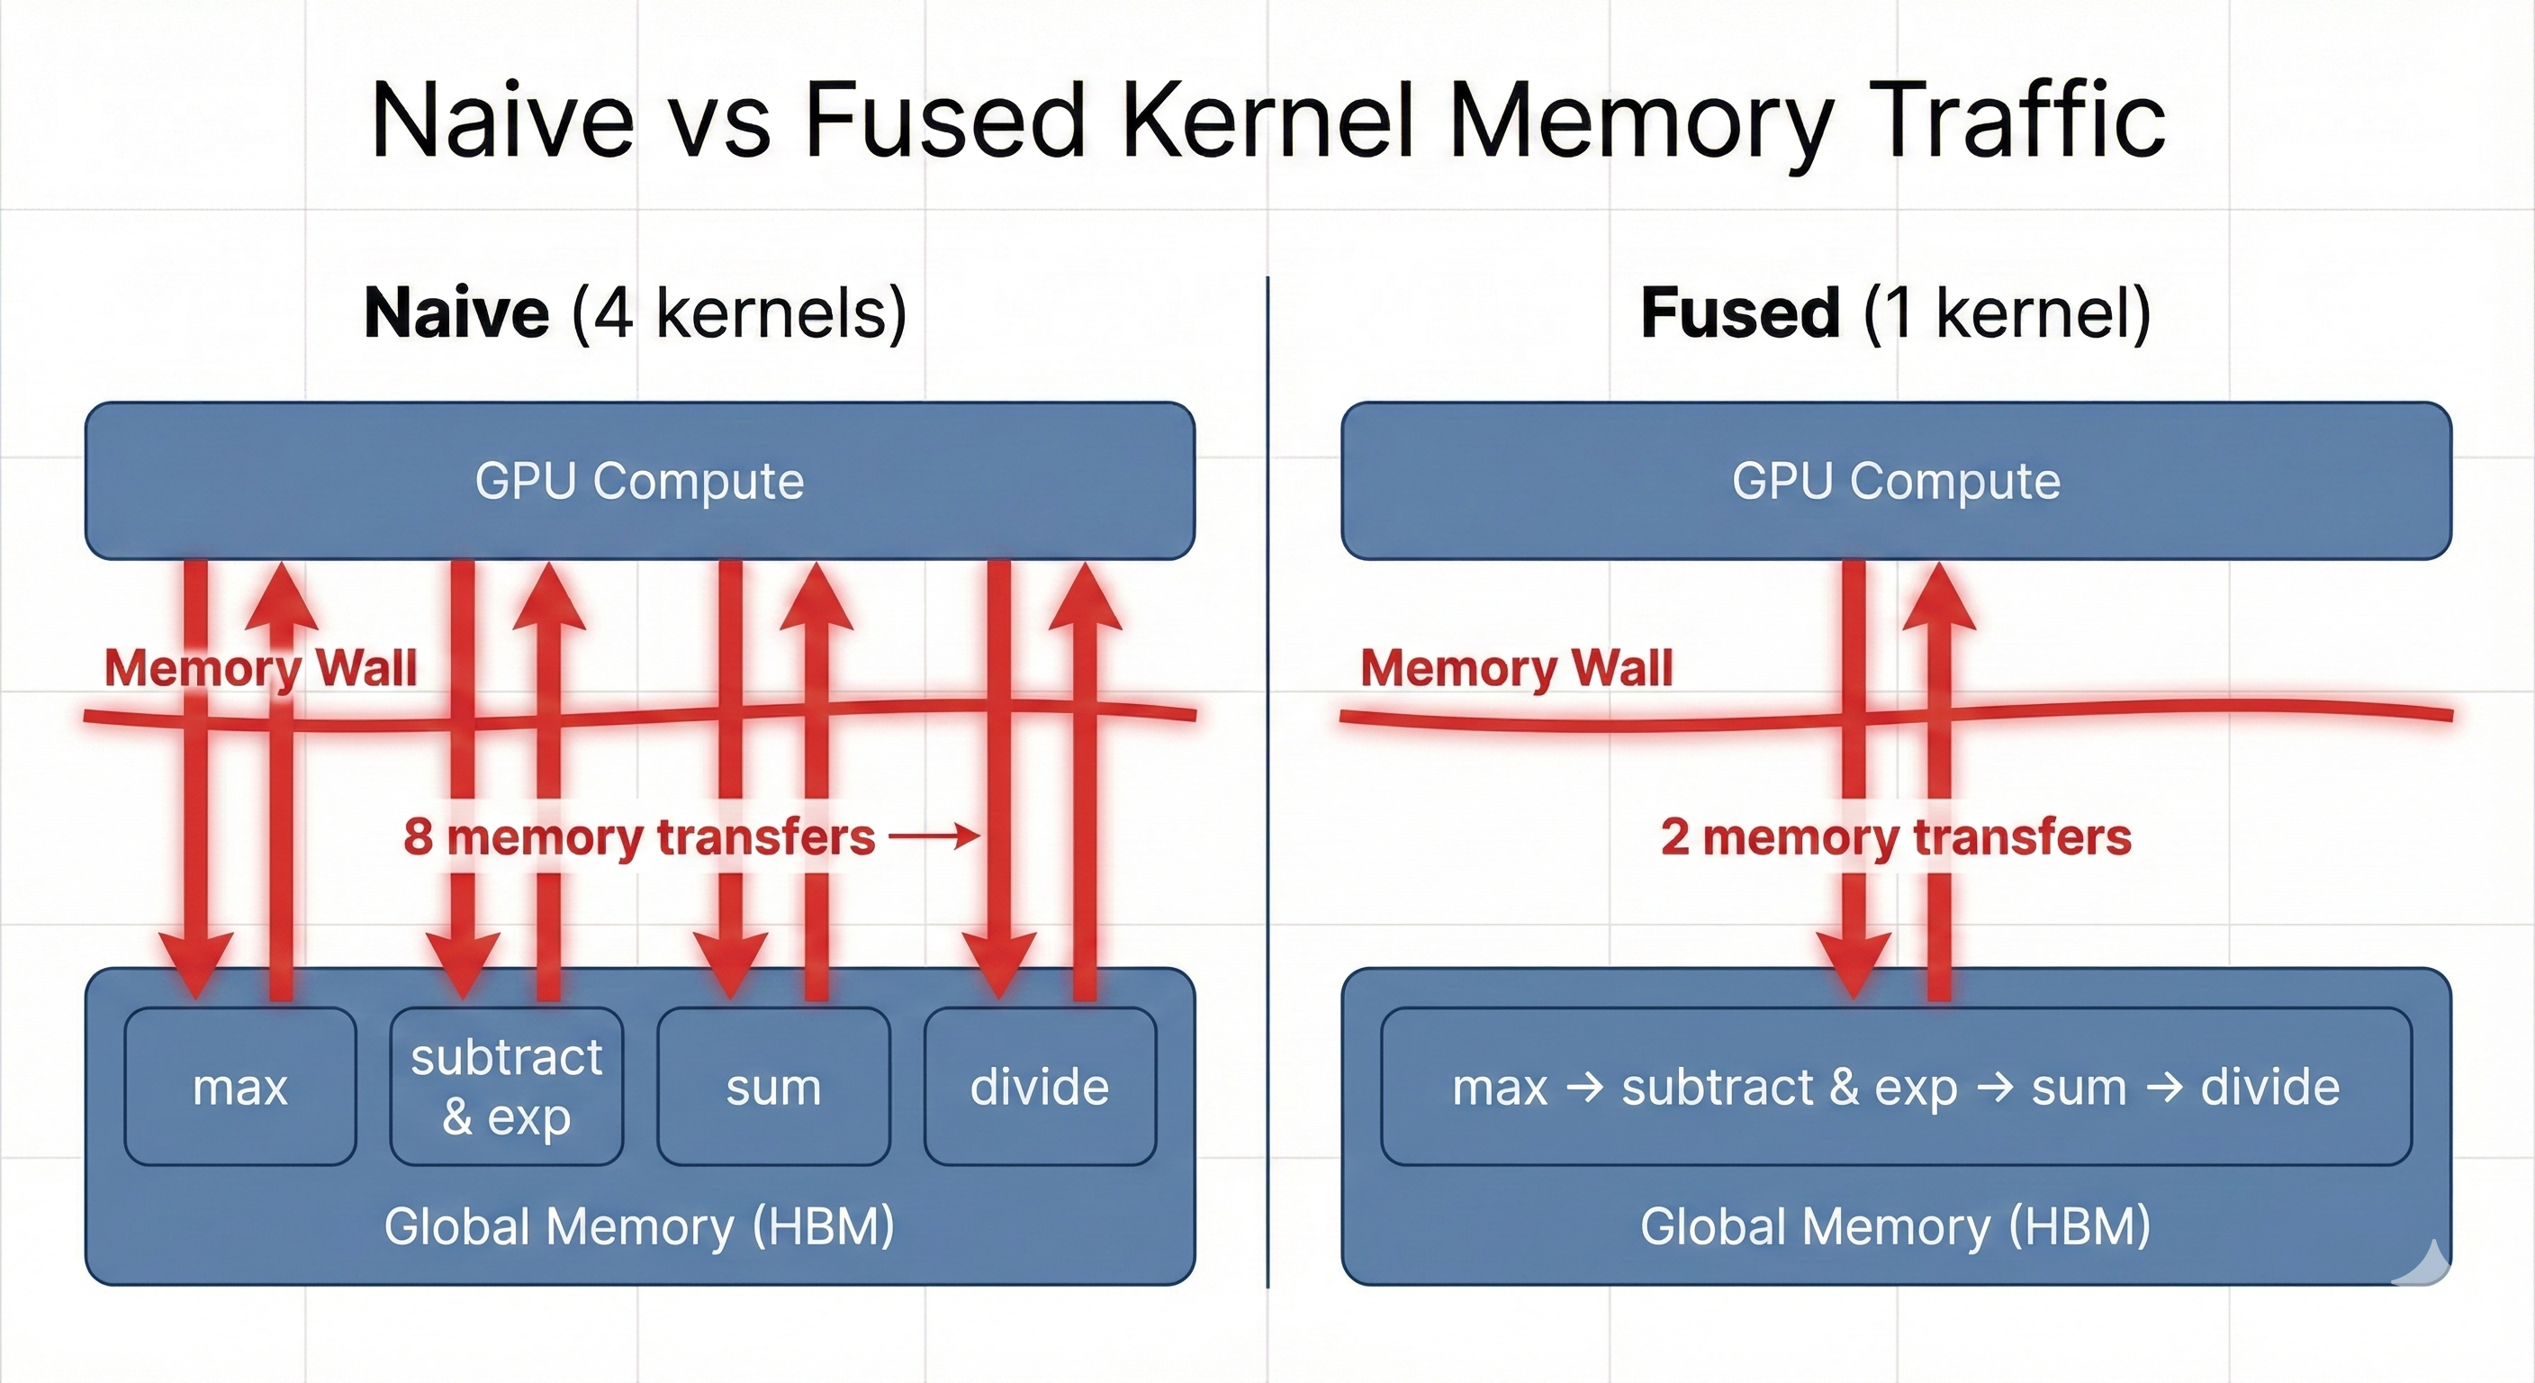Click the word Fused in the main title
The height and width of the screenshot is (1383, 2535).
(x=944, y=121)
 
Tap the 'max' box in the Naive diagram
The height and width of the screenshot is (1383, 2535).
(x=240, y=1087)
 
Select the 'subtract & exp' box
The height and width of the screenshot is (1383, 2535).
(x=506, y=1087)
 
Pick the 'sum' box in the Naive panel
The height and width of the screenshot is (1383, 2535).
(x=773, y=1087)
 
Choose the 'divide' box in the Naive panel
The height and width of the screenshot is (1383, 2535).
(x=1039, y=1087)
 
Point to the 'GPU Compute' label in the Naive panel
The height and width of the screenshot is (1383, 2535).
(x=640, y=482)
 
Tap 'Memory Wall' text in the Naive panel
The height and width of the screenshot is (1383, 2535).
(x=261, y=668)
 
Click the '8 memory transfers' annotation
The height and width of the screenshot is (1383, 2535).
(x=640, y=837)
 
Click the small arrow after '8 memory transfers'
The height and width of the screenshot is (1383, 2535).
(x=935, y=837)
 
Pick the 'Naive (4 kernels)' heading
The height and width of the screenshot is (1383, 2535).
(x=636, y=313)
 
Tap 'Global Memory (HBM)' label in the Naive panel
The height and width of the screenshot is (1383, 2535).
(x=640, y=1226)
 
